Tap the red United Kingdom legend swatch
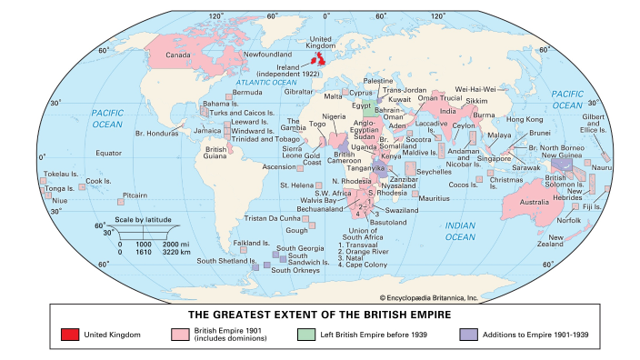(x=70, y=334)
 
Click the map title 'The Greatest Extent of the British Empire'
(x=320, y=315)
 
